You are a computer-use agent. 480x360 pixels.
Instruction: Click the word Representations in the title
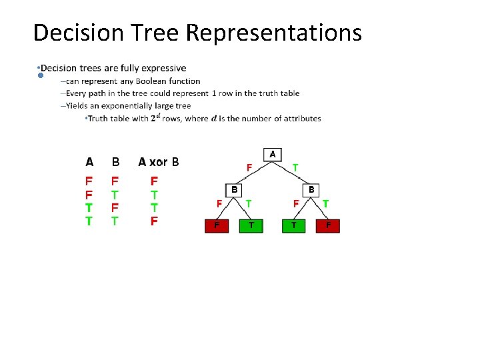tap(274, 32)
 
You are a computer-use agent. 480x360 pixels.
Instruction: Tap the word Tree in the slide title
tap(157, 32)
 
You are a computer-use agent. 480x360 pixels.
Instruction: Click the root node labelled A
tap(272, 154)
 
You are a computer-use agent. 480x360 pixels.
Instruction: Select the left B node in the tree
tap(234, 190)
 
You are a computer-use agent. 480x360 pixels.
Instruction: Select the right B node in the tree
tap(311, 190)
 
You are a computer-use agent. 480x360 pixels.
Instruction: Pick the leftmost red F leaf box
tap(216, 226)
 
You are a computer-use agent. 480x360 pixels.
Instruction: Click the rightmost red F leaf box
tap(328, 226)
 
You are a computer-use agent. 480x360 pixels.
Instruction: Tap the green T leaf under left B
tap(251, 226)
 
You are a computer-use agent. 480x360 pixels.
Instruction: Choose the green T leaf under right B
tap(293, 226)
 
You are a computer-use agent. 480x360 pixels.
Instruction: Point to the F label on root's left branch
tap(249, 167)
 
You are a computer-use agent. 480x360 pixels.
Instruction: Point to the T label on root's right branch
tap(295, 167)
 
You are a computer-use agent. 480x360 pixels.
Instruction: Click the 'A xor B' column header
tap(158, 162)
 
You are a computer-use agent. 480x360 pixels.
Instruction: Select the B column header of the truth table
tap(115, 162)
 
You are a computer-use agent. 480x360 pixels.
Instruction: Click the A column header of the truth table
tap(89, 162)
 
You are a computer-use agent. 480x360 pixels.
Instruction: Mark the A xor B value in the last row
tap(154, 221)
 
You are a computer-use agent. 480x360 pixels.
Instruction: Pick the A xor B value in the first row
tap(154, 181)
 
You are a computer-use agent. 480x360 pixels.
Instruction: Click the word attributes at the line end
tap(302, 119)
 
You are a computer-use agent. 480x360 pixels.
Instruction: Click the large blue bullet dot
tap(41, 76)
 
